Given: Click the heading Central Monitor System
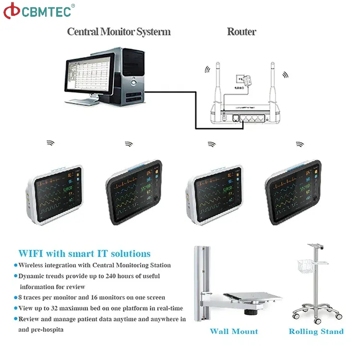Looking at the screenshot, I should [119, 32].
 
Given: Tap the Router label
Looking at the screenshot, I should [241, 32].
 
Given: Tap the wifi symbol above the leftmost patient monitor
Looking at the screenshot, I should [50, 143].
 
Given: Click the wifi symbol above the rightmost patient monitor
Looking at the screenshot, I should [300, 144].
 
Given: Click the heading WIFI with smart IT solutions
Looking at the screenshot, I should [84, 254].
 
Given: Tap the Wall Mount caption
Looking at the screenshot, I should [234, 332].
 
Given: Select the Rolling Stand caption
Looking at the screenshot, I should [316, 332].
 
